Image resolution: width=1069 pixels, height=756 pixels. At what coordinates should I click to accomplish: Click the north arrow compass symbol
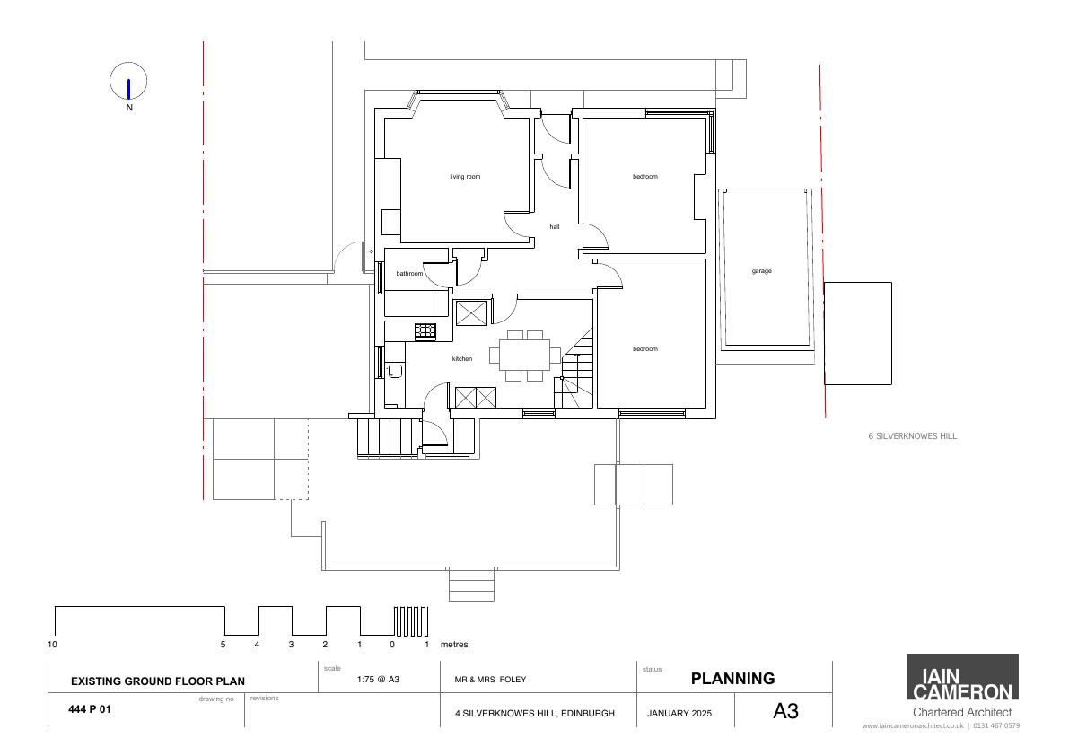pyautogui.click(x=128, y=82)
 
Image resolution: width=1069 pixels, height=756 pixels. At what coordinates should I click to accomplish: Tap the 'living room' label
pyautogui.click(x=465, y=177)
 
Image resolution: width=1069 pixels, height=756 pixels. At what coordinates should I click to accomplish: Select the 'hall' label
pyautogui.click(x=555, y=226)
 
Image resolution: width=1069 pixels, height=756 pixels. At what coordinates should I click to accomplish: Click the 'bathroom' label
pyautogui.click(x=409, y=273)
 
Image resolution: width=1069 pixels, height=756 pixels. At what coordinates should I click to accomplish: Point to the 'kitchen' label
pyautogui.click(x=461, y=358)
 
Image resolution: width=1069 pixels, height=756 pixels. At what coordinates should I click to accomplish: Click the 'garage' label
pyautogui.click(x=761, y=270)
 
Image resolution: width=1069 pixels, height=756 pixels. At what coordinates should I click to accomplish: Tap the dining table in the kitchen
pyautogui.click(x=525, y=356)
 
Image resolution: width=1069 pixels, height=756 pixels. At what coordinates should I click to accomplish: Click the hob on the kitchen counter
pyautogui.click(x=425, y=331)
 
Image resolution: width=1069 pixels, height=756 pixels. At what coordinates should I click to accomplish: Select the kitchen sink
pyautogui.click(x=395, y=371)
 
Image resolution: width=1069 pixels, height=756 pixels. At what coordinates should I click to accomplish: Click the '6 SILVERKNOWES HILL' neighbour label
pyautogui.click(x=912, y=436)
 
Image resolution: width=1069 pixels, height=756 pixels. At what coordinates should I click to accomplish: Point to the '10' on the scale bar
pyautogui.click(x=52, y=644)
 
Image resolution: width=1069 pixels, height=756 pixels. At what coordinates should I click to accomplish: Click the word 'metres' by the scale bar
pyautogui.click(x=454, y=644)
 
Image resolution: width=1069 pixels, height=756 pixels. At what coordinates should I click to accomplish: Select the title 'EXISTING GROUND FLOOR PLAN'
pyautogui.click(x=157, y=681)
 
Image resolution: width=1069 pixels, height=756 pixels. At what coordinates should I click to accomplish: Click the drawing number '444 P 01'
pyautogui.click(x=90, y=709)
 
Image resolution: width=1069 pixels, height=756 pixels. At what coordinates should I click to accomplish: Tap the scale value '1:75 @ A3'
pyautogui.click(x=378, y=679)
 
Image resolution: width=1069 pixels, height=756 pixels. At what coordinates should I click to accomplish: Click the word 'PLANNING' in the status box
pyautogui.click(x=733, y=678)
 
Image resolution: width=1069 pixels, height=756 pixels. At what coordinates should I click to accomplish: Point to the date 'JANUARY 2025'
pyautogui.click(x=679, y=713)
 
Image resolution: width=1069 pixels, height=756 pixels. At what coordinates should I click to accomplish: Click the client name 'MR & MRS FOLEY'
pyautogui.click(x=490, y=679)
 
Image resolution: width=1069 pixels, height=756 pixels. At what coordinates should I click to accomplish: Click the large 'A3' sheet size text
pyautogui.click(x=785, y=711)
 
